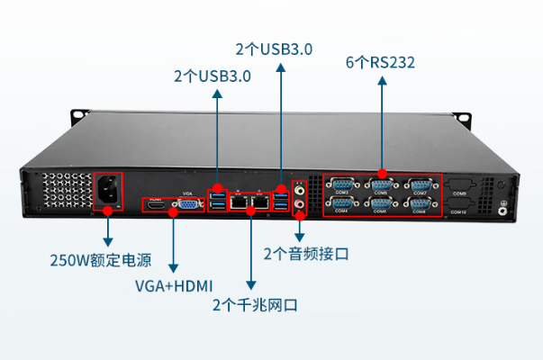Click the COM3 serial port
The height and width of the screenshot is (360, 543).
[342, 184]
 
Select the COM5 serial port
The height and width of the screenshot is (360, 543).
[381, 184]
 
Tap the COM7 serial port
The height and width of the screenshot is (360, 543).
[420, 184]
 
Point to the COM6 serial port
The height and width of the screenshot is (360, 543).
[380, 203]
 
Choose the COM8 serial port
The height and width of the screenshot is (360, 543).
[419, 203]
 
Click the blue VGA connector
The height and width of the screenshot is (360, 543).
[189, 204]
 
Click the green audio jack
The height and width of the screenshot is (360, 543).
[299, 190]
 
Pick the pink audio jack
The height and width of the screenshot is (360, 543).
[299, 204]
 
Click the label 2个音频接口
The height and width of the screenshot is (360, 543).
[306, 254]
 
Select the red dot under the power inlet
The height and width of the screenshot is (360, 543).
[108, 210]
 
